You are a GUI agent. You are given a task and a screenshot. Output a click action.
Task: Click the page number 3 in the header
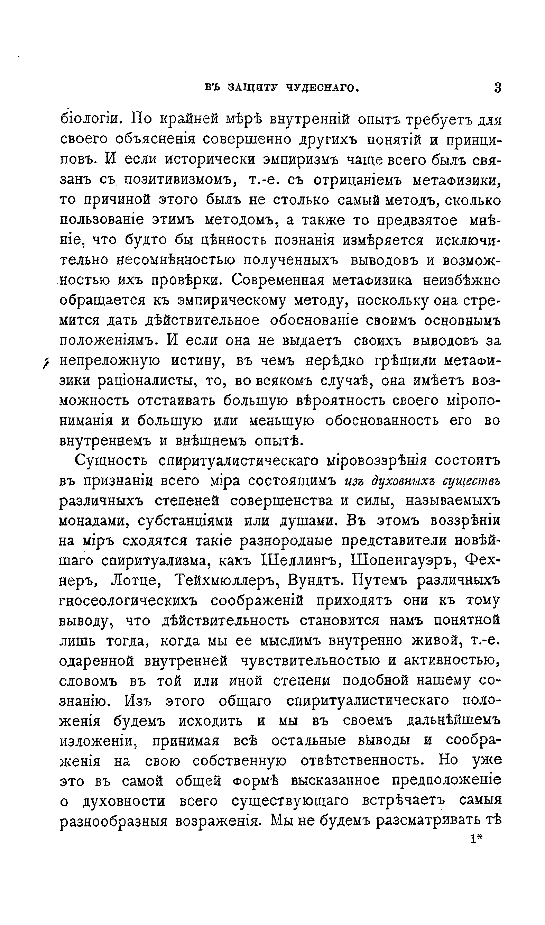(x=498, y=88)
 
